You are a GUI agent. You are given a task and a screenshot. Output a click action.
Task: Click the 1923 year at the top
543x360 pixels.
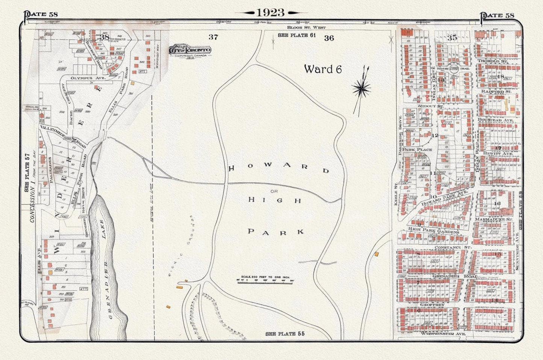pos(271,12)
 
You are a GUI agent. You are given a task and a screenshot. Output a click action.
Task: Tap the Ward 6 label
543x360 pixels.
pos(323,69)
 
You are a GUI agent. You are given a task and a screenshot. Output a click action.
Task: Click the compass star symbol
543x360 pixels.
pos(361,89)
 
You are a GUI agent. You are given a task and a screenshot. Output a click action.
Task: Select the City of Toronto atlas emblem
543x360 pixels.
pos(190,50)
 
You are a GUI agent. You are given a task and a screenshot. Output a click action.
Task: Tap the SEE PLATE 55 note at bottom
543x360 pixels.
pos(285,334)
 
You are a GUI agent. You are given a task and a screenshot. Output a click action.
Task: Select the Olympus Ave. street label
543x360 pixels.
pos(83,78)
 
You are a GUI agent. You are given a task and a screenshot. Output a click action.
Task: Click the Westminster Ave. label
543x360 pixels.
pos(443,333)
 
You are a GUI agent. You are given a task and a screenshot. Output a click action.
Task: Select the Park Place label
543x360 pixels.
pos(417,149)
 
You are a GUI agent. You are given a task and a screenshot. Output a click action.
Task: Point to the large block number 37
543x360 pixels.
pos(213,37)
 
